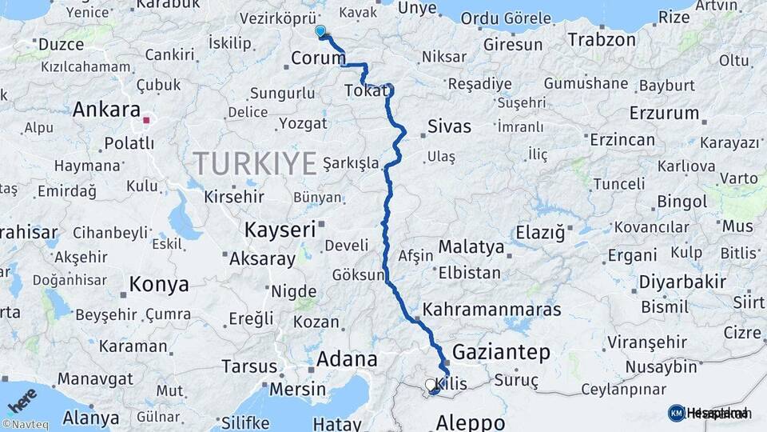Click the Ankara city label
coord(106,110)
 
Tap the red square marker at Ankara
coord(146,122)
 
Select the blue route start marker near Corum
coord(320,31)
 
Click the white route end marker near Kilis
coord(431,385)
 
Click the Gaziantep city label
coord(502,351)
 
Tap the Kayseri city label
coord(280,230)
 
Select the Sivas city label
coord(449,126)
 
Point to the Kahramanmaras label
coord(491,309)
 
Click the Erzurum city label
coord(665,113)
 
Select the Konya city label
coord(159,284)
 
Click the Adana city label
coord(346,359)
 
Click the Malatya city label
coord(471,246)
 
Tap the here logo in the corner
coord(22,400)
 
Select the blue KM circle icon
coord(676,413)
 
